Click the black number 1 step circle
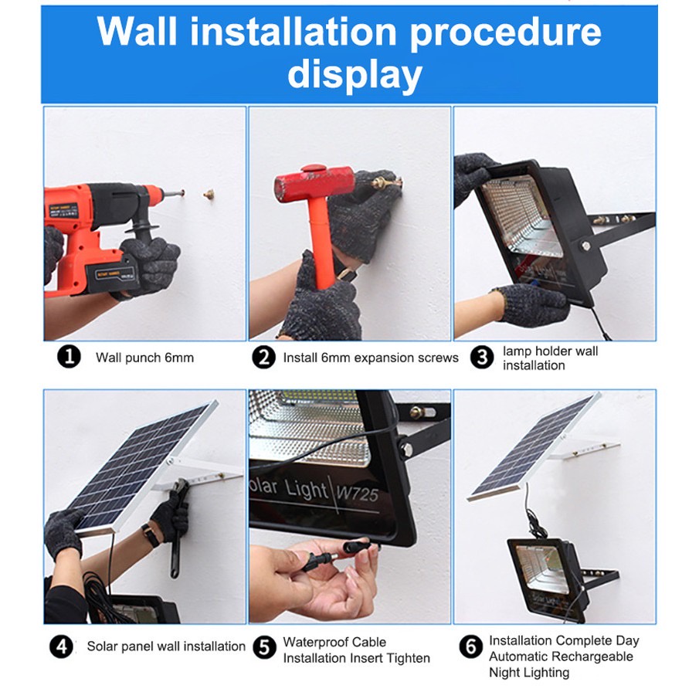point(69,357)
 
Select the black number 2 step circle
point(264,357)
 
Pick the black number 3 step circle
point(482,357)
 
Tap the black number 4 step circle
point(62,646)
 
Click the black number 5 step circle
point(264,647)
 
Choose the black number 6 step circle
point(470,647)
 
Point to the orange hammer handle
point(322,242)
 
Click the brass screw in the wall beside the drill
point(209,194)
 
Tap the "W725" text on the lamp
point(357,494)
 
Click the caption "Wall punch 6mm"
point(144,358)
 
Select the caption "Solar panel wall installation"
point(166,646)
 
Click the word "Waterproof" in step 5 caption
point(312,642)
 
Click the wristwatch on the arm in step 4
point(151,535)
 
